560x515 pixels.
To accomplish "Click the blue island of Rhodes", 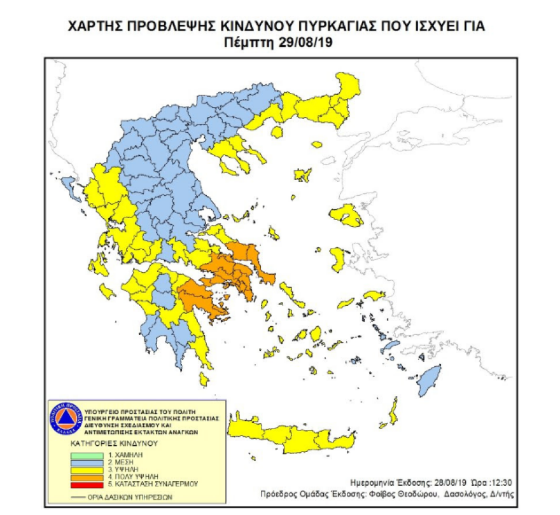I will (430, 383).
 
